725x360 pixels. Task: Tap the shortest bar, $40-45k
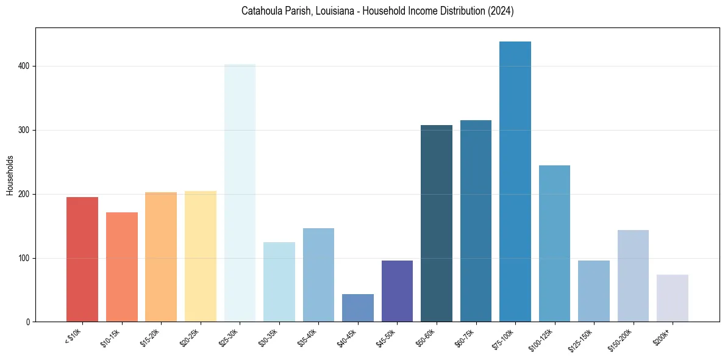click(x=358, y=308)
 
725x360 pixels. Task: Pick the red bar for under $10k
click(x=82, y=259)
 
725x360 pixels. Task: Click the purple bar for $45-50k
click(x=397, y=291)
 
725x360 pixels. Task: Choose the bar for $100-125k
click(x=554, y=243)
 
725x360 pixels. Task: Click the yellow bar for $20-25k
click(x=201, y=256)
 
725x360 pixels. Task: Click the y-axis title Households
click(x=10, y=175)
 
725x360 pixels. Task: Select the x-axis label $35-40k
click(x=309, y=337)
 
